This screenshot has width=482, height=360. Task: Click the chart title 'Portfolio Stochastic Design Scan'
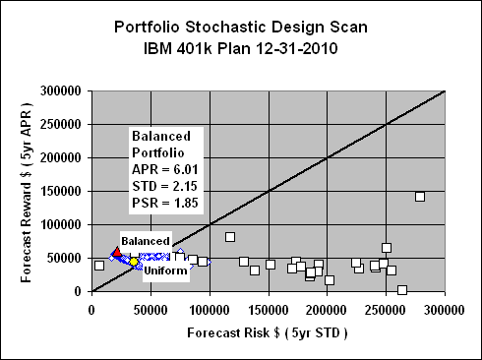(240, 27)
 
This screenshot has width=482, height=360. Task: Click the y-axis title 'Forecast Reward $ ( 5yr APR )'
(21, 192)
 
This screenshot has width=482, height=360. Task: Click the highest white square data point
(420, 197)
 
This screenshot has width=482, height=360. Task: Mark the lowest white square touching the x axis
(402, 290)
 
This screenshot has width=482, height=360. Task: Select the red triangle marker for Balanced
(118, 254)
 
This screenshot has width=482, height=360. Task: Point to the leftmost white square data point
(99, 266)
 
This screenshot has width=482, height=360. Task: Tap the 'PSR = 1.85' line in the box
(163, 203)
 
